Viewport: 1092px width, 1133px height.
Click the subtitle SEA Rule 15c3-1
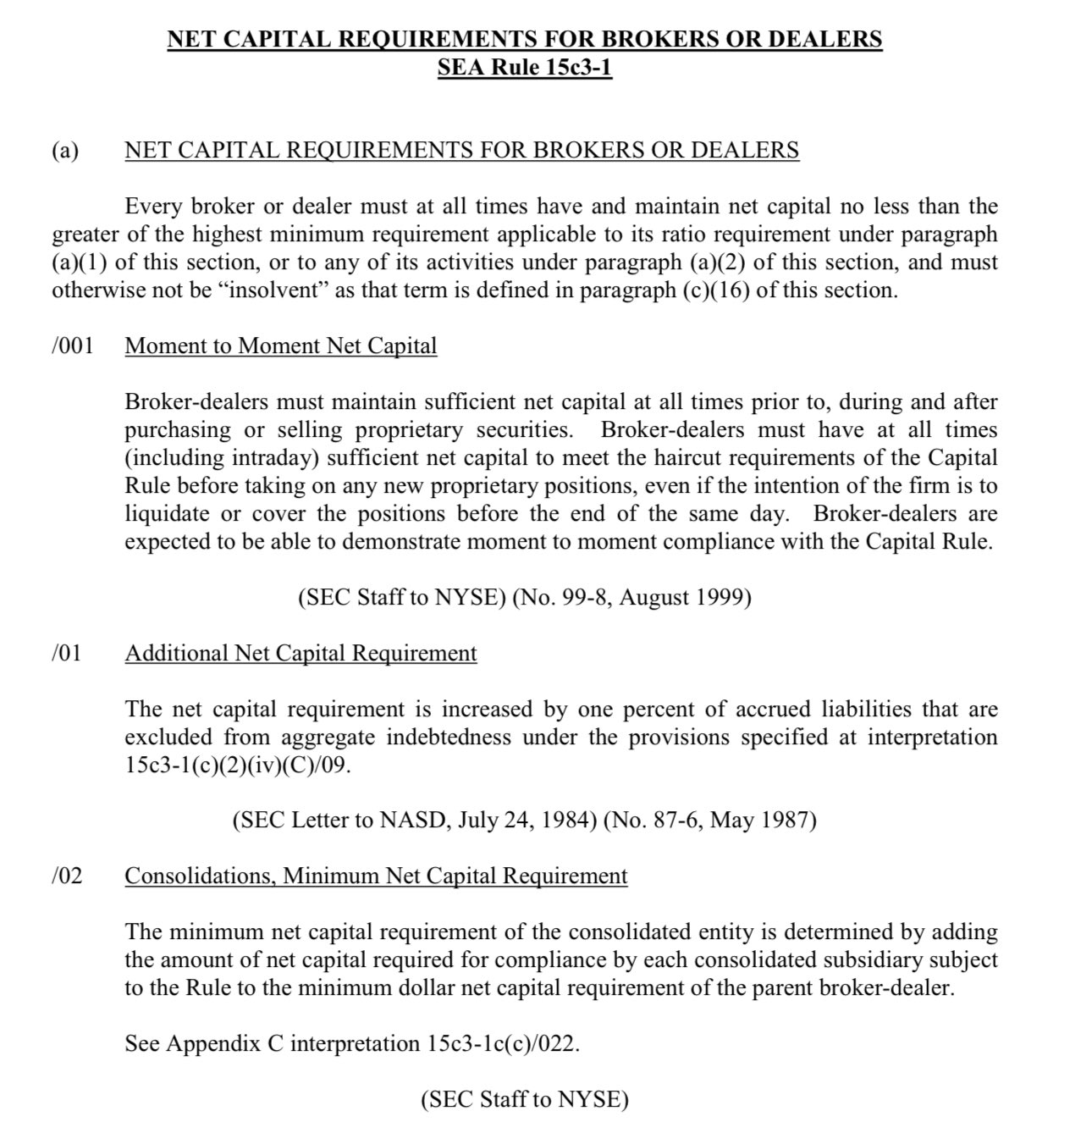click(524, 67)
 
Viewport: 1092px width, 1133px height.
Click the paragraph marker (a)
click(65, 151)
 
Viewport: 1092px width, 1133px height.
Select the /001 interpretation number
click(72, 346)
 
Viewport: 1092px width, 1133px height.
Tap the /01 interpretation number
click(67, 654)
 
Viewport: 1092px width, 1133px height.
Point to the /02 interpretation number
click(67, 876)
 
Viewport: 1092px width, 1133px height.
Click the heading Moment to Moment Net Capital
click(280, 346)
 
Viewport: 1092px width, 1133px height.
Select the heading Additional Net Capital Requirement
click(301, 654)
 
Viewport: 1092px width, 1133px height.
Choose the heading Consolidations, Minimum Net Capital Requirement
click(376, 876)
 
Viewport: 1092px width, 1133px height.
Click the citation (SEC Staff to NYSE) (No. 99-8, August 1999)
click(525, 598)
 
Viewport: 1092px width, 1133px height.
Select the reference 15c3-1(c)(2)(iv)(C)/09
click(237, 765)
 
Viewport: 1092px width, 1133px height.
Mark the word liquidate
click(167, 514)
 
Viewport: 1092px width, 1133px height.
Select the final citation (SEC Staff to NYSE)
click(525, 1099)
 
